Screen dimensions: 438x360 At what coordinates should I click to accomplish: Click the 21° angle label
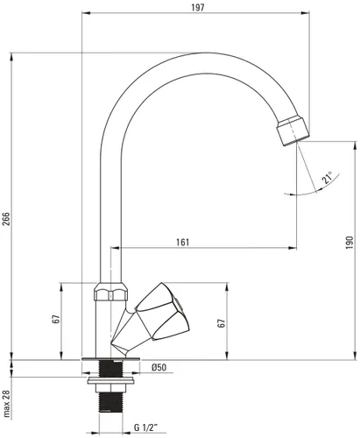tap(326, 180)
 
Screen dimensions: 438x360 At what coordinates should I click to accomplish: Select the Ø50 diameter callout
tap(159, 368)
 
